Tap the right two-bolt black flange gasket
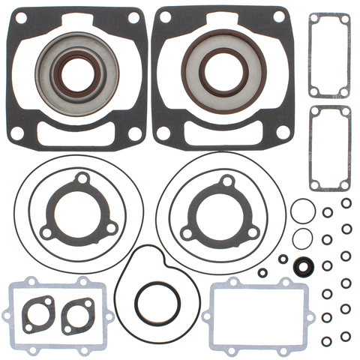pyautogui.click(x=77, y=316)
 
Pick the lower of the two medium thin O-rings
pyautogui.click(x=302, y=238)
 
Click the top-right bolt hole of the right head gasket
pyautogui.click(x=279, y=16)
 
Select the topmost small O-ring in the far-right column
pyautogui.click(x=346, y=203)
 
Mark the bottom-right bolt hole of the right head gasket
pyautogui.click(x=283, y=132)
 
